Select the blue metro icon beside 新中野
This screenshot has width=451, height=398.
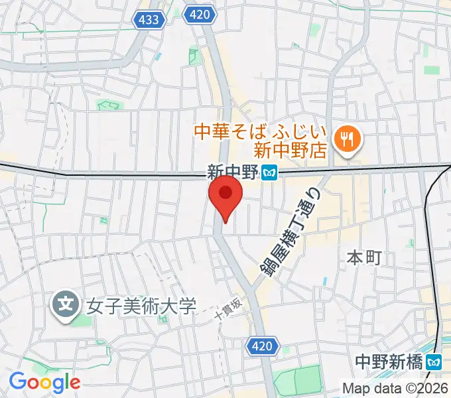tap(269, 172)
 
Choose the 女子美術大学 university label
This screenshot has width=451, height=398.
tap(141, 306)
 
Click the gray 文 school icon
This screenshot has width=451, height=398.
tap(65, 306)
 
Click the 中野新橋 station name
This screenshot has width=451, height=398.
tap(388, 362)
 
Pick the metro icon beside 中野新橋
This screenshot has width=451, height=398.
tap(434, 362)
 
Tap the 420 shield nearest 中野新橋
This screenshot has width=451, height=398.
tap(262, 345)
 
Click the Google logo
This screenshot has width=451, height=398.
tap(44, 382)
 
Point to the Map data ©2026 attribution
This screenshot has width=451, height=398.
tap(395, 388)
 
